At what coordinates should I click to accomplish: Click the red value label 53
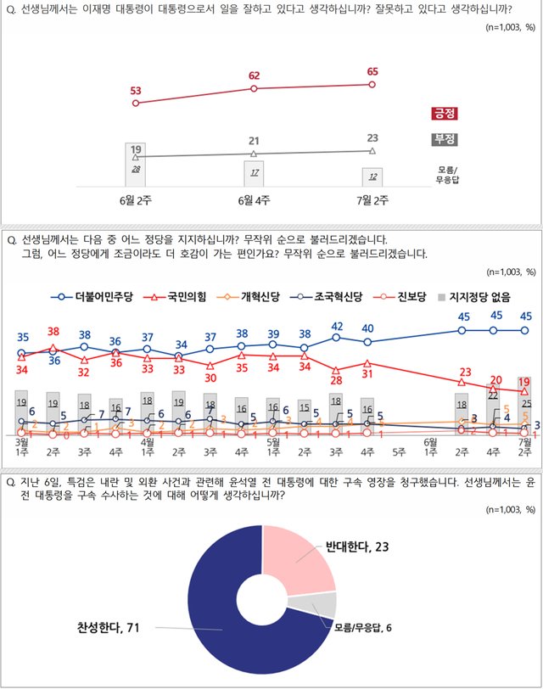(x=136, y=90)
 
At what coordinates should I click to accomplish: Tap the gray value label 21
(x=254, y=141)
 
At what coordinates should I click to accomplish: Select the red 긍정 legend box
(x=444, y=114)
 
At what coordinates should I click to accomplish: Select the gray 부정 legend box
(x=444, y=138)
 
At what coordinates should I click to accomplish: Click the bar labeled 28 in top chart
(x=136, y=170)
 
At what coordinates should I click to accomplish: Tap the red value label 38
(x=53, y=331)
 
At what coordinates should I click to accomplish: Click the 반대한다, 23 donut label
(x=357, y=547)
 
